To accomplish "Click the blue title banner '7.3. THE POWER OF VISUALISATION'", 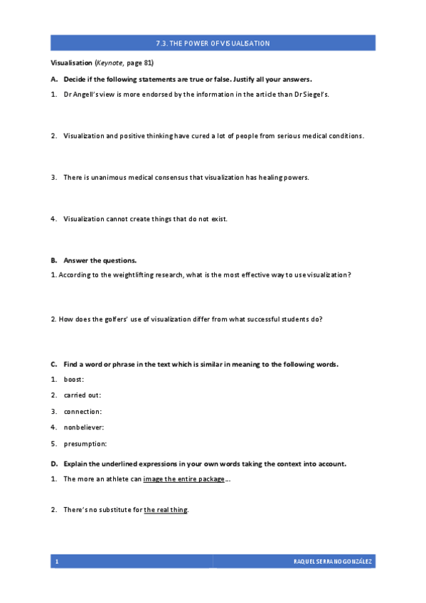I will (213, 43).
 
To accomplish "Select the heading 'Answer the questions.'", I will (95, 260).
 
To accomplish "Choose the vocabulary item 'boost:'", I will (73, 379).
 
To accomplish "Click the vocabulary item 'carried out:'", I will (82, 395).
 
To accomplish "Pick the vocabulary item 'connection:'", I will (82, 411).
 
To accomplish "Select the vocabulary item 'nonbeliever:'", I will (84, 427).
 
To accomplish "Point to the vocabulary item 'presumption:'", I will (85, 444).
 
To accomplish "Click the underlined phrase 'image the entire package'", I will (183, 479).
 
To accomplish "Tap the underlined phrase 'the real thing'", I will (166, 510).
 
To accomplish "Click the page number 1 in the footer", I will (56, 562).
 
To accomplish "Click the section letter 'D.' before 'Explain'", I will (54, 464).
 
